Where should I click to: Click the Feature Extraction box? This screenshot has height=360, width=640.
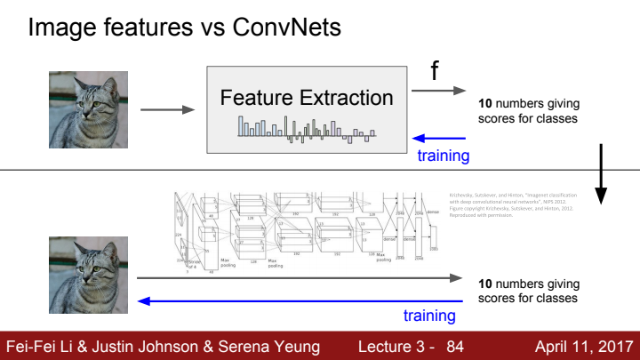click(307, 107)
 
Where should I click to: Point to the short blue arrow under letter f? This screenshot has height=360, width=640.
click(439, 139)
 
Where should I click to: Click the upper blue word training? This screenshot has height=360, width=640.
click(444, 156)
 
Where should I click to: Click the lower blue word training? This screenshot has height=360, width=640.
click(429, 316)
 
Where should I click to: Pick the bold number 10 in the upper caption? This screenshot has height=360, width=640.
click(485, 103)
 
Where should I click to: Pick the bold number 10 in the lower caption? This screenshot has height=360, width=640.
click(485, 284)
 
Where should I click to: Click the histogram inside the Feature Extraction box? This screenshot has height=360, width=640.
click(307, 129)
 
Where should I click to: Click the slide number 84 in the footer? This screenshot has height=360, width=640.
click(455, 345)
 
